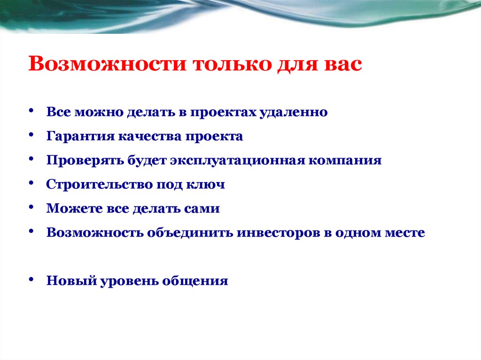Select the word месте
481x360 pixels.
pyautogui.click(x=403, y=233)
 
